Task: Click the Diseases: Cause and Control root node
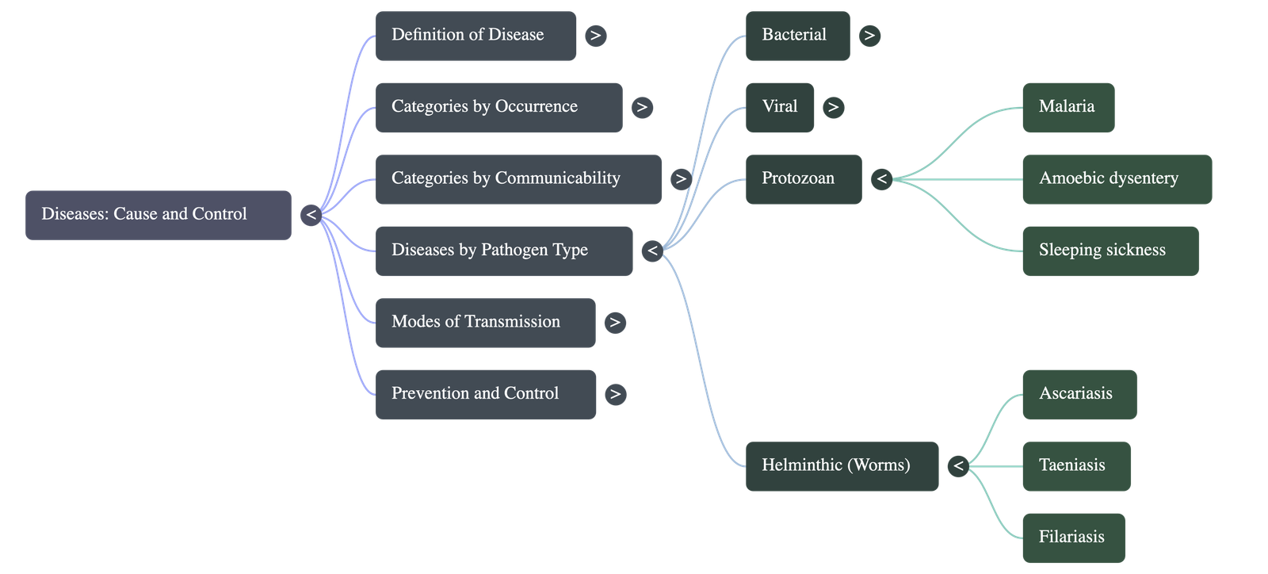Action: point(158,214)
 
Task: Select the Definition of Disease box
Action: point(475,35)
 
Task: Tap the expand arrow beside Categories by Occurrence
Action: point(642,107)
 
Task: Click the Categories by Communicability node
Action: point(518,179)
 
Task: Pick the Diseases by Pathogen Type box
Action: point(503,251)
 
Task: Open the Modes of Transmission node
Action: point(485,322)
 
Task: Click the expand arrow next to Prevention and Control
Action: point(615,394)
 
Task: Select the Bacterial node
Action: point(797,35)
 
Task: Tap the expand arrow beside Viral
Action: point(832,107)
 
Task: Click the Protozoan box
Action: point(803,179)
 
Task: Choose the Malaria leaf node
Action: point(1067,107)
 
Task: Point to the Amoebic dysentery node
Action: point(1117,179)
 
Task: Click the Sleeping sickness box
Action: point(1109,251)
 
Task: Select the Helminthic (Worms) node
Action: point(842,466)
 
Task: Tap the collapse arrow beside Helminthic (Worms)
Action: point(958,466)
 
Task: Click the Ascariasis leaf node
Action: point(1079,394)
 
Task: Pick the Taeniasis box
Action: point(1075,466)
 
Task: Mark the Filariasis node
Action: point(1073,538)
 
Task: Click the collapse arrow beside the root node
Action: point(311,215)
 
